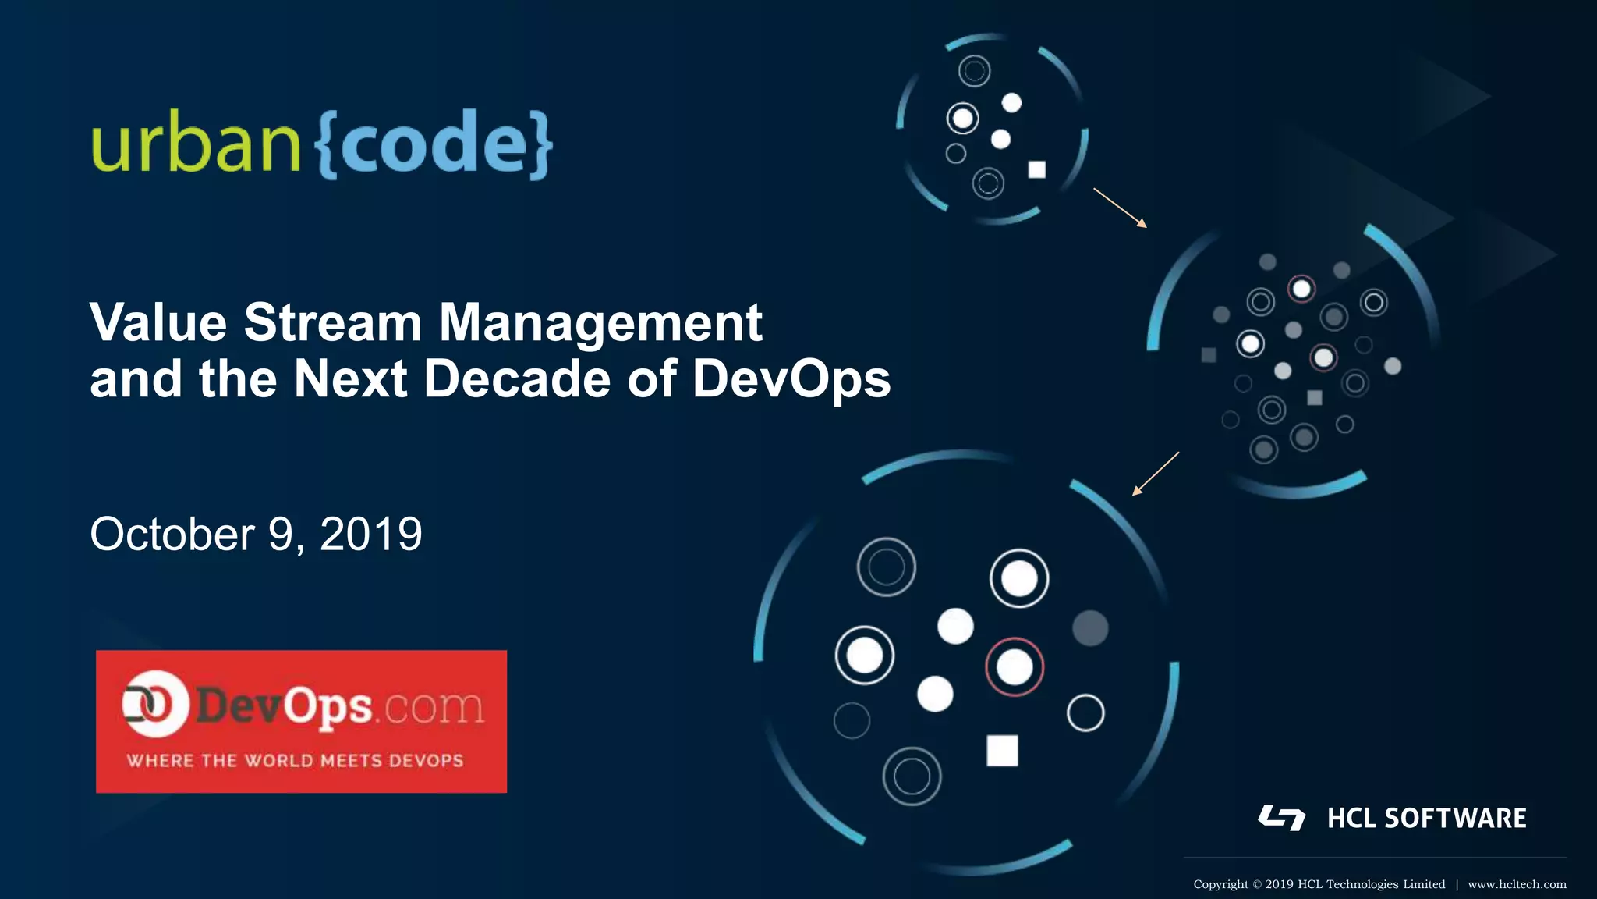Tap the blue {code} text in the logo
click(434, 144)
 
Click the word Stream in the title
click(332, 322)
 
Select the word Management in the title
click(600, 322)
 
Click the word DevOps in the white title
click(791, 379)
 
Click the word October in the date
click(172, 535)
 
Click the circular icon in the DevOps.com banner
click(154, 704)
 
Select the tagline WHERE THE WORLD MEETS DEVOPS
click(295, 761)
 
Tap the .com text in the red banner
click(432, 707)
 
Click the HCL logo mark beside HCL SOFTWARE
click(1281, 818)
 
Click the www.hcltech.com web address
click(1517, 884)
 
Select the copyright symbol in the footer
click(1256, 884)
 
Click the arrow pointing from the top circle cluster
click(1121, 208)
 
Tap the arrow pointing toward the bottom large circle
click(1155, 474)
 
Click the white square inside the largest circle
click(1002, 751)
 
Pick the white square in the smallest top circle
click(1036, 169)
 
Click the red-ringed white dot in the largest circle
click(1015, 667)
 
